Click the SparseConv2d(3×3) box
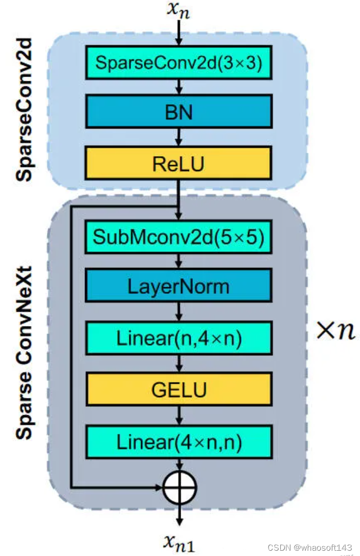[x=178, y=62]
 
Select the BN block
[x=178, y=112]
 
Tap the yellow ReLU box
[x=178, y=164]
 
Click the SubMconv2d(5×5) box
[x=178, y=237]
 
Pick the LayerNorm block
[x=178, y=286]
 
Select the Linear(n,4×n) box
[x=178, y=338]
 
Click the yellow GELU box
[x=178, y=389]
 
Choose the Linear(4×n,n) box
[x=178, y=441]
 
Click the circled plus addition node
[x=179, y=487]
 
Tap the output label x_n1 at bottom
[x=179, y=542]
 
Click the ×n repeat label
[x=336, y=331]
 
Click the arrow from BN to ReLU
[x=179, y=138]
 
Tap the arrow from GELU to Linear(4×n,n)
[x=179, y=415]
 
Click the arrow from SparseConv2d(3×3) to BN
[x=179, y=86]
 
